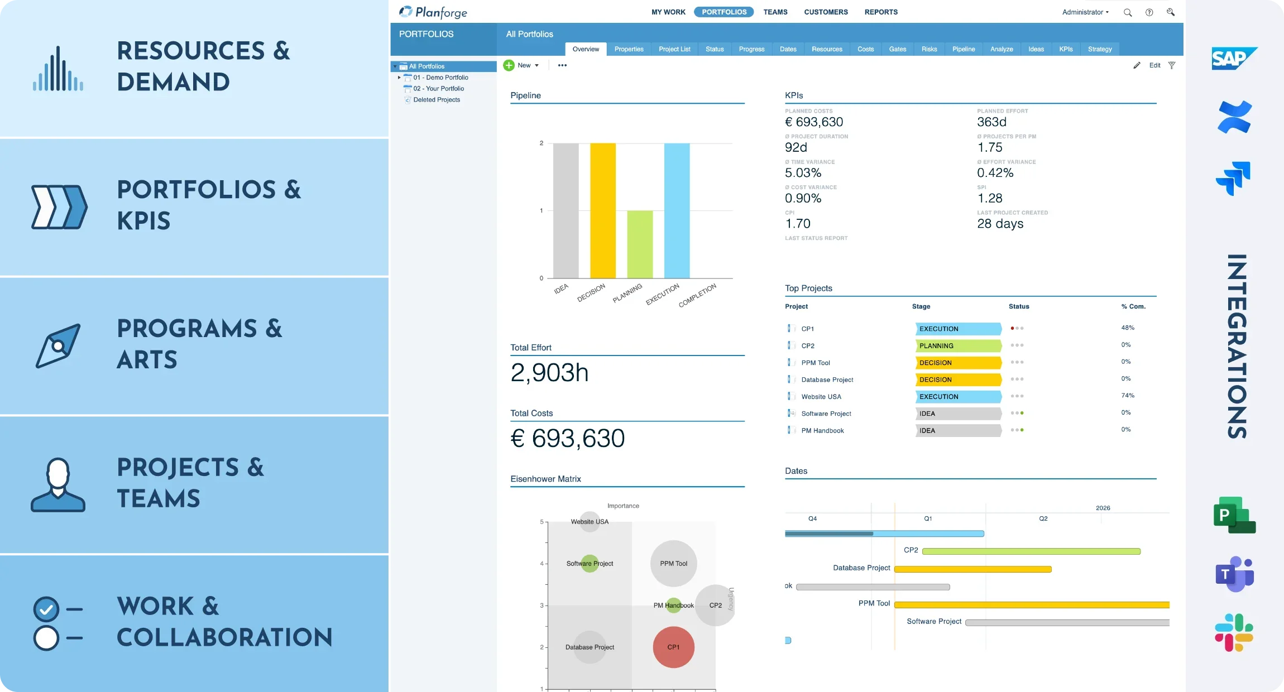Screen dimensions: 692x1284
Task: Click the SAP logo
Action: coord(1233,59)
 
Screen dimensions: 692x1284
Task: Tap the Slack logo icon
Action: coord(1234,632)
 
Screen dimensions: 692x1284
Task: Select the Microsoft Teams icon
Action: coord(1234,574)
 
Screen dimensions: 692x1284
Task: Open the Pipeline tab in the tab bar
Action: coord(963,49)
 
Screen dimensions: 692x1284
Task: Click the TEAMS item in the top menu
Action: coord(775,12)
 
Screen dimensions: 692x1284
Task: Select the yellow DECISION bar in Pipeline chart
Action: coord(602,210)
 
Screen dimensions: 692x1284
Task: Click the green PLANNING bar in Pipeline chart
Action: coord(639,244)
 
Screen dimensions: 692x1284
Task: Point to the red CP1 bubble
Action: coord(673,647)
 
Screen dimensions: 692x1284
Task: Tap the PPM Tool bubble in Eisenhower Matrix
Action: coord(673,563)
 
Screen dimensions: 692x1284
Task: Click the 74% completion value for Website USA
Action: coord(1127,396)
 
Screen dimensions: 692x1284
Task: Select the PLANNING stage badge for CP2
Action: coord(957,345)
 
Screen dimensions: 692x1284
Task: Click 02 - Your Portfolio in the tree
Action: coord(438,88)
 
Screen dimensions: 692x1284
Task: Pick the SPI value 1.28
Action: coord(989,198)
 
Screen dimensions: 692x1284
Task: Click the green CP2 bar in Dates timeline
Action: coord(1031,551)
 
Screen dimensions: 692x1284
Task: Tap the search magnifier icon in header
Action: coord(1127,12)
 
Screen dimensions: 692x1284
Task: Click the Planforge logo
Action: coord(433,12)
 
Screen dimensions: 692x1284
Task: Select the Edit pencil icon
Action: coord(1137,65)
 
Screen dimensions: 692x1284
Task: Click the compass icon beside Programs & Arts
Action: coord(58,345)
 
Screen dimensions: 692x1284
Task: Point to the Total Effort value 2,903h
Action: coord(549,373)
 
